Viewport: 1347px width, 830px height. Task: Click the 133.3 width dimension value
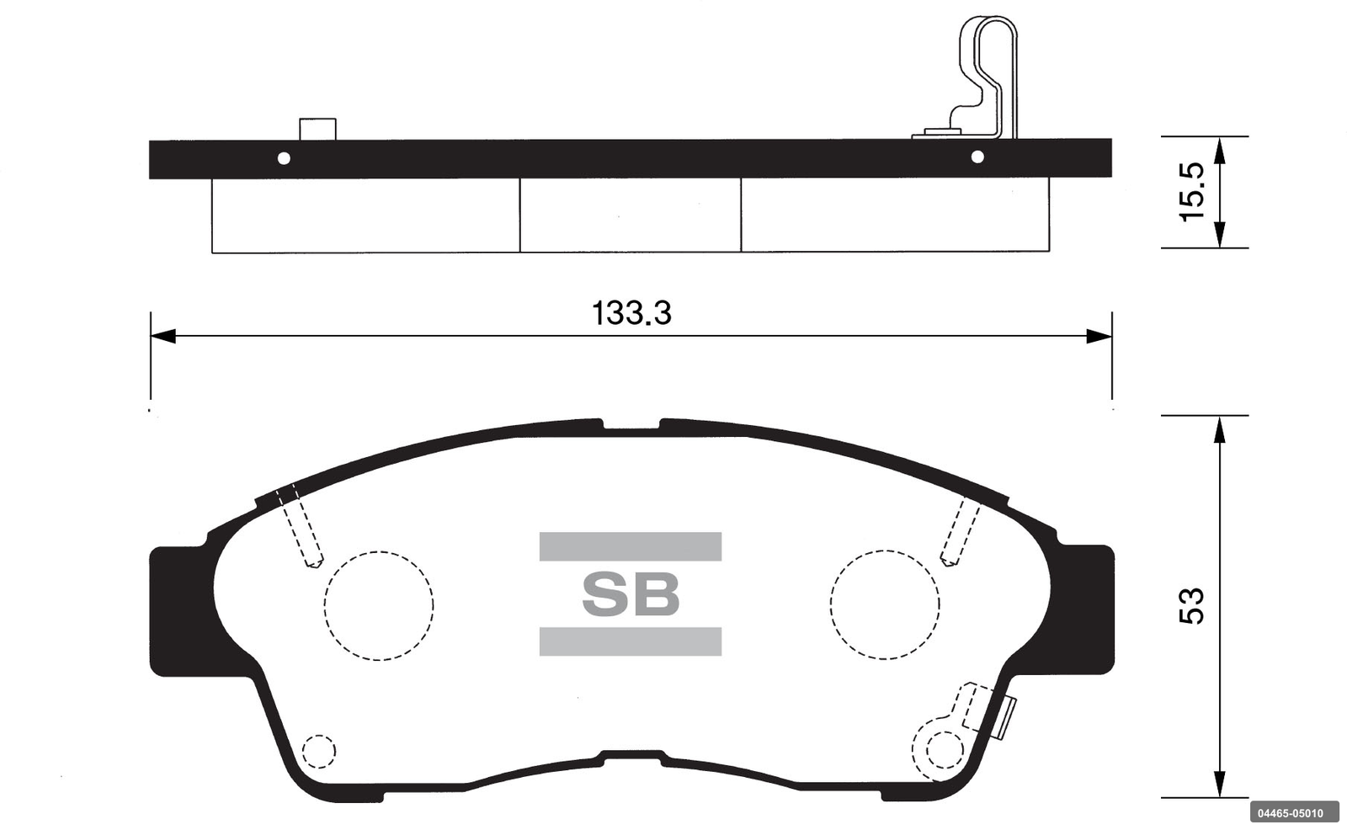[631, 313]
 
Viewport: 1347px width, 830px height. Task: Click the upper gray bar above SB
[631, 546]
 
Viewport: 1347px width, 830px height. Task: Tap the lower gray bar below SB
[631, 641]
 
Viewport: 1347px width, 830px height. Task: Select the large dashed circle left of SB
[325, 605]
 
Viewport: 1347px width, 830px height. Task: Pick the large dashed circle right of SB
[831, 604]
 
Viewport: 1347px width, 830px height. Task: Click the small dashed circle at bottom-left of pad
[303, 751]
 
